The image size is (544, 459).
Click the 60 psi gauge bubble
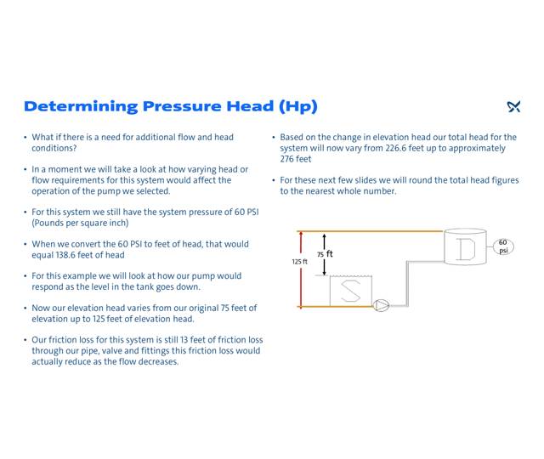(x=503, y=246)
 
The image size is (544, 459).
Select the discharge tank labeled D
(x=465, y=247)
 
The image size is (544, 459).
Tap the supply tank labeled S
(x=350, y=289)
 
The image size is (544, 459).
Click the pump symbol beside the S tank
(x=382, y=305)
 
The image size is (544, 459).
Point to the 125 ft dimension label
(x=300, y=262)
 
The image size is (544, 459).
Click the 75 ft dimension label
(x=325, y=254)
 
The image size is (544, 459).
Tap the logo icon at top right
(x=513, y=107)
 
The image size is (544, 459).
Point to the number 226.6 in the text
(x=464, y=148)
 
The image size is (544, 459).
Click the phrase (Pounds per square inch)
(x=81, y=223)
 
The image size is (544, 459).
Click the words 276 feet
(x=296, y=159)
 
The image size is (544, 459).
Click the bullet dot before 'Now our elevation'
(x=25, y=309)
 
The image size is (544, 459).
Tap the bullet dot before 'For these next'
(x=274, y=180)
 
